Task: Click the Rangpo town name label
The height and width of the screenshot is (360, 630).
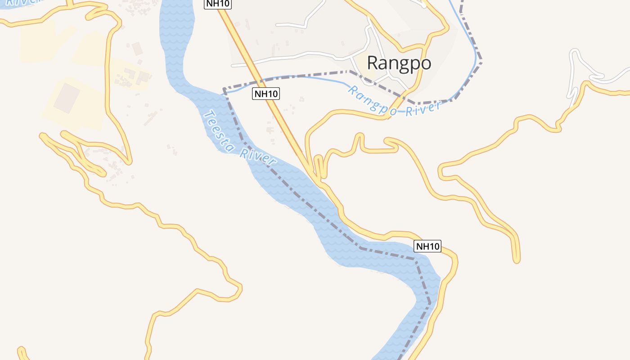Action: point(399,63)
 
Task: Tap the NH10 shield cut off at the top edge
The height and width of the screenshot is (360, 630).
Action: point(217,4)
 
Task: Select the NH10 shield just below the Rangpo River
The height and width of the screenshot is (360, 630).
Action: point(266,94)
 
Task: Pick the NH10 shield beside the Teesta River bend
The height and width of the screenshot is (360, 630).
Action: point(427,246)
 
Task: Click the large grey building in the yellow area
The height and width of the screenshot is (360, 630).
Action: point(67,98)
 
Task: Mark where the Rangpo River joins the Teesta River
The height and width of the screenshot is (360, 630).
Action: point(225,92)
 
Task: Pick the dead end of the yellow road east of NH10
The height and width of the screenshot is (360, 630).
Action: point(517,260)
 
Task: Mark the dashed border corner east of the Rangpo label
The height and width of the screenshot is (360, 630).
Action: point(481,59)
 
